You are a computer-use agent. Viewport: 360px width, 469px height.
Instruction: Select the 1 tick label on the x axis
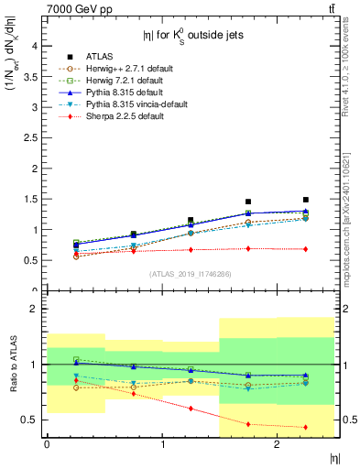(x=162, y=444)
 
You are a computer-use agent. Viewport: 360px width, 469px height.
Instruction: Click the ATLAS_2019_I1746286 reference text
(x=190, y=274)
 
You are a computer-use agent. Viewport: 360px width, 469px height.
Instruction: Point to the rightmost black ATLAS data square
(x=306, y=200)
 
